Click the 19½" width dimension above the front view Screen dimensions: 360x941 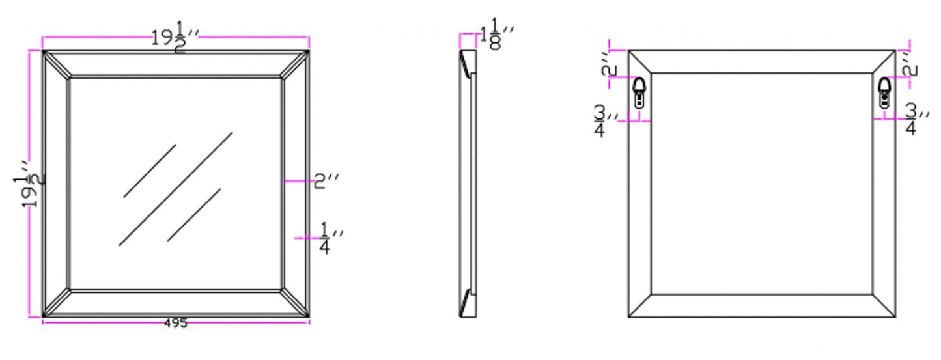(x=175, y=38)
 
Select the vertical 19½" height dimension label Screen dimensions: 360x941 (x=30, y=183)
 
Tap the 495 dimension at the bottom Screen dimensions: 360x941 (x=176, y=324)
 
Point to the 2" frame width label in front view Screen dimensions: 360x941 (x=328, y=182)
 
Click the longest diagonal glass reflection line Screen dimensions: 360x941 (x=176, y=189)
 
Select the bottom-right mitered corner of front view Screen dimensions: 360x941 (x=296, y=303)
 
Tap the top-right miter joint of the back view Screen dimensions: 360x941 (x=884, y=62)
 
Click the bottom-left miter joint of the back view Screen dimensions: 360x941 (x=639, y=306)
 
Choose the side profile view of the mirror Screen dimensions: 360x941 (x=468, y=184)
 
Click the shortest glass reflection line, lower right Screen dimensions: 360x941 (x=194, y=215)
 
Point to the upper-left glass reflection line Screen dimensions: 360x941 (x=150, y=171)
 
